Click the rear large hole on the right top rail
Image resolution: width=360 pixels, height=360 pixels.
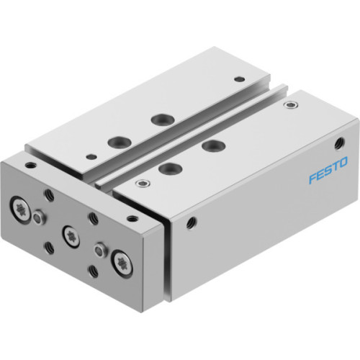(211, 146)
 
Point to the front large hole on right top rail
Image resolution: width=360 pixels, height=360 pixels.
(168, 170)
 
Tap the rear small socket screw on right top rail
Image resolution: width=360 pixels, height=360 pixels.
(290, 105)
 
